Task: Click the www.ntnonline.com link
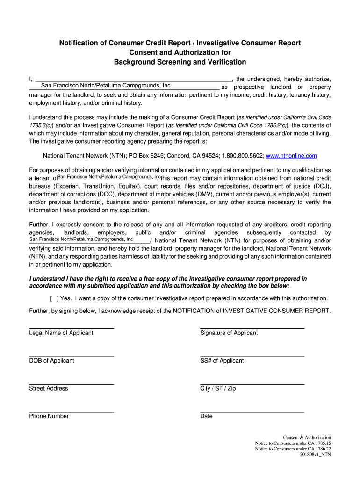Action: [x=291, y=156]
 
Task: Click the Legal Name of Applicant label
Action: [x=61, y=333]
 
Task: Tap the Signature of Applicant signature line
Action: [x=252, y=328]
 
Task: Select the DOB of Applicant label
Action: [x=51, y=361]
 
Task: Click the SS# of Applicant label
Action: [x=222, y=361]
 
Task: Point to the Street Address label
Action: [x=49, y=388]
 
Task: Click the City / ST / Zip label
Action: [x=218, y=388]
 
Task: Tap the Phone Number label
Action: [x=49, y=416]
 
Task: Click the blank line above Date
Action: [x=252, y=412]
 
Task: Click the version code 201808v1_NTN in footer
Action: [x=316, y=454]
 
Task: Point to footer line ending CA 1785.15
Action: [x=293, y=443]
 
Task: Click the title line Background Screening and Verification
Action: [x=180, y=62]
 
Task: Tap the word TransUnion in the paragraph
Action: [x=99, y=186]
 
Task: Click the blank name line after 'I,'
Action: [x=133, y=78]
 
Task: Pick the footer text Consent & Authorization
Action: [x=307, y=437]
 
